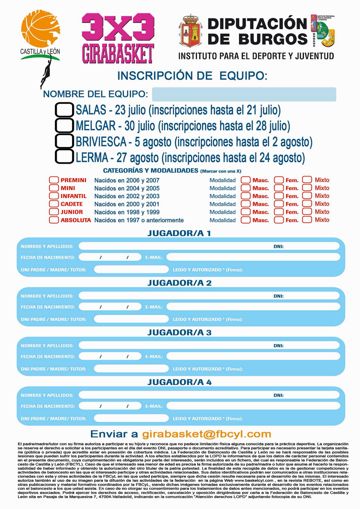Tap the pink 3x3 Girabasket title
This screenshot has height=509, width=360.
118,38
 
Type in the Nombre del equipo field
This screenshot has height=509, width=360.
244,94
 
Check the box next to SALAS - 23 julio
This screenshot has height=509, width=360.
64,110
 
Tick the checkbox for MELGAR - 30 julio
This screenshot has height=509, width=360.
64,125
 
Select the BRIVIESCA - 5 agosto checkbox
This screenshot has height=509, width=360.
64,141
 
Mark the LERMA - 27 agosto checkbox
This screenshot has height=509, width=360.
64,156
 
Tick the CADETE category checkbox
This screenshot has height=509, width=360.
54,204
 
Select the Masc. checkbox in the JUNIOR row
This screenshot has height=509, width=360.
246,212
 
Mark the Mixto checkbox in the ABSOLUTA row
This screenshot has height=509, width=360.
307,220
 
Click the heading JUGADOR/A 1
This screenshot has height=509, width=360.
179,233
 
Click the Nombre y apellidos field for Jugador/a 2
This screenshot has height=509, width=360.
175,296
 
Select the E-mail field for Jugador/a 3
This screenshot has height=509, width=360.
253,357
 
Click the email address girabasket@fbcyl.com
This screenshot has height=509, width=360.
207,434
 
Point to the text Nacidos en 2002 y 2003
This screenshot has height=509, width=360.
127,196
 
